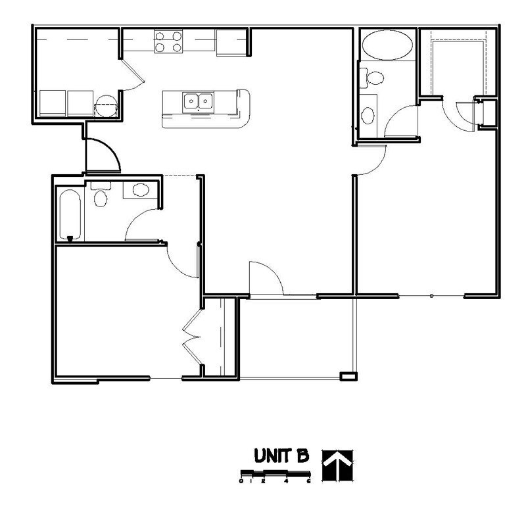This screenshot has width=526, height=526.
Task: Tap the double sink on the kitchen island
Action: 199,101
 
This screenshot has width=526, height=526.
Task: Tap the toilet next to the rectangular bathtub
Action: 101,195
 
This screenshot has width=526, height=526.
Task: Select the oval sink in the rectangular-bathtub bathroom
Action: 141,191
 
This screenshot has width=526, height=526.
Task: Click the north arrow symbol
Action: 337,466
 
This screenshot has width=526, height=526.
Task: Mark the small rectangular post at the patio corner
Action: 347,376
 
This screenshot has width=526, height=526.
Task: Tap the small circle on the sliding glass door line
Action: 431,297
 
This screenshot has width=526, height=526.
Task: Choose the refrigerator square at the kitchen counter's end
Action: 231,41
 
